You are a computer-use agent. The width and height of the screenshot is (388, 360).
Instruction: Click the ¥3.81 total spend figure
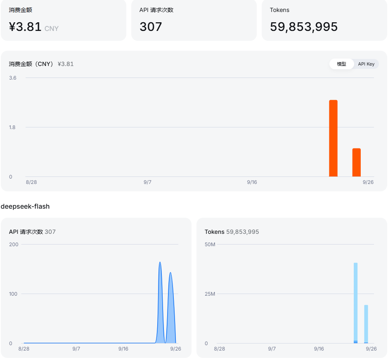tap(25, 27)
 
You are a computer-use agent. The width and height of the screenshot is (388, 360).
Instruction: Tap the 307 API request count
tap(151, 27)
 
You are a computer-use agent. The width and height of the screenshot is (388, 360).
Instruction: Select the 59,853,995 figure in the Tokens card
tap(304, 27)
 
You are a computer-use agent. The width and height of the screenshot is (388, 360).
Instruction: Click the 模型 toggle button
tap(341, 64)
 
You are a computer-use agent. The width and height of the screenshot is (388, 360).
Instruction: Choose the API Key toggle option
tap(366, 64)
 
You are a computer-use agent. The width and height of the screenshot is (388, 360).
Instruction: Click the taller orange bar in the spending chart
tap(334, 138)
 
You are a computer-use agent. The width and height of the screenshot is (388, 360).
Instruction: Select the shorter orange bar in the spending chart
tap(357, 162)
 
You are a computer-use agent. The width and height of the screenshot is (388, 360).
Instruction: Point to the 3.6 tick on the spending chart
tap(13, 78)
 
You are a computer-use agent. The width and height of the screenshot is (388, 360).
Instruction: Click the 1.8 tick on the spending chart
tap(12, 127)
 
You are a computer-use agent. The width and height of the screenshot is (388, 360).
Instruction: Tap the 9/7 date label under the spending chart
tap(147, 182)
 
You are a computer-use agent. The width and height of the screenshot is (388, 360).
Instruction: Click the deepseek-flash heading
tap(25, 207)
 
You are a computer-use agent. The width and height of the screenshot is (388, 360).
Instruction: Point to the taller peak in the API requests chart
tap(160, 262)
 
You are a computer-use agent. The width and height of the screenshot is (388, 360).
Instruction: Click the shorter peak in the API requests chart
tap(170, 273)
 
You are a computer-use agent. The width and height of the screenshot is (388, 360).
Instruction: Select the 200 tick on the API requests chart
tap(14, 245)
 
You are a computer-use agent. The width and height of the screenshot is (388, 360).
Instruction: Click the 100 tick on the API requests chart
tap(13, 294)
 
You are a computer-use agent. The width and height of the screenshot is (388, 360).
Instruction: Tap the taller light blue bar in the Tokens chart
tap(355, 303)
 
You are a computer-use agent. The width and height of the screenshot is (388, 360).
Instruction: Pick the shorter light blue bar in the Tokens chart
tap(366, 324)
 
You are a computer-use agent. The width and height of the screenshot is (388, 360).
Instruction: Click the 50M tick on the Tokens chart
tap(210, 245)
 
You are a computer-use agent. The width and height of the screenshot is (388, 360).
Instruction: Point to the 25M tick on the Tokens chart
tap(210, 294)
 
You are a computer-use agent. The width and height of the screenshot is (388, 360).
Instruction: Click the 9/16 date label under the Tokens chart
tap(319, 349)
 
